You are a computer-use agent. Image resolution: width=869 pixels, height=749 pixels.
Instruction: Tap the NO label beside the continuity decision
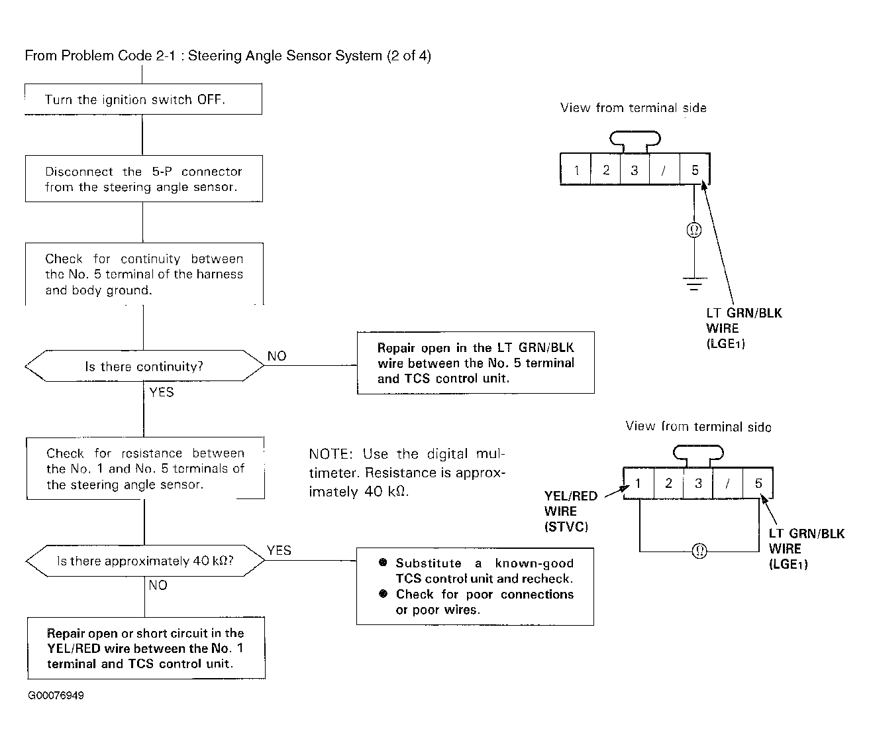pyautogui.click(x=277, y=356)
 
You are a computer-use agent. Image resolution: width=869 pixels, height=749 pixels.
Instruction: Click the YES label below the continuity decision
pyautogui.click(x=162, y=392)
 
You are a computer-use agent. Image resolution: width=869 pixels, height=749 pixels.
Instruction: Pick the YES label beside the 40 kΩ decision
pyautogui.click(x=279, y=550)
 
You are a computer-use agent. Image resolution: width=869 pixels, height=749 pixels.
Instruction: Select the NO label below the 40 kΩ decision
pyautogui.click(x=158, y=585)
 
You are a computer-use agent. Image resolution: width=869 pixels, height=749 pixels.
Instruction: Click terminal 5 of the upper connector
pyautogui.click(x=695, y=170)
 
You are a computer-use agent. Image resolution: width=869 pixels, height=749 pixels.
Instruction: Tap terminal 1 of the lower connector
pyautogui.click(x=639, y=483)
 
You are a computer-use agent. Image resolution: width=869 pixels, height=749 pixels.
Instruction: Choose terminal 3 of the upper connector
pyautogui.click(x=635, y=170)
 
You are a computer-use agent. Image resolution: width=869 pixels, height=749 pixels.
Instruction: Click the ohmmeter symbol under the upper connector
pyautogui.click(x=694, y=230)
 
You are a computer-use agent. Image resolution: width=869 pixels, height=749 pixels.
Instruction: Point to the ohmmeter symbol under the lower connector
pyautogui.click(x=699, y=551)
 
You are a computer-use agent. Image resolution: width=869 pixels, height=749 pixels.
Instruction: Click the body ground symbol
pyautogui.click(x=695, y=284)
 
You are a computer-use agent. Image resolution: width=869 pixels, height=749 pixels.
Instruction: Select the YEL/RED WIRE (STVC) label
pyautogui.click(x=570, y=511)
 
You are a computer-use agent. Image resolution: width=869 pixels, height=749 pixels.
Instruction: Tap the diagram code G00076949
pyautogui.click(x=56, y=695)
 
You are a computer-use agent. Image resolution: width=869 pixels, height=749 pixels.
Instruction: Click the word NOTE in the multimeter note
pyautogui.click(x=331, y=454)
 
